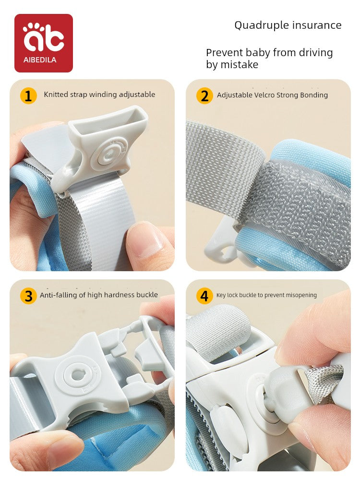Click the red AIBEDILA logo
tap(44, 43)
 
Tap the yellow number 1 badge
tap(28, 96)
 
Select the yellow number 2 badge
tap(204, 96)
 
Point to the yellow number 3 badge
tap(28, 296)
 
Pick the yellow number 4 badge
tap(204, 296)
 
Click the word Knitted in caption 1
tap(56, 94)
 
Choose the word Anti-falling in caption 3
tap(59, 295)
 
